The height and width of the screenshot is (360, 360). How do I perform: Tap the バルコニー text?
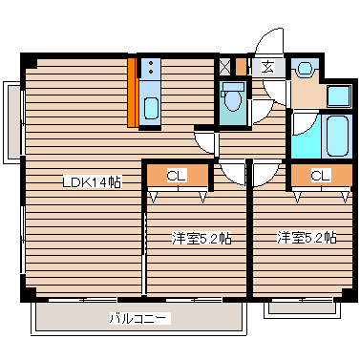click(138, 318)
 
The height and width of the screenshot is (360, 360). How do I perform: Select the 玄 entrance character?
click(267, 67)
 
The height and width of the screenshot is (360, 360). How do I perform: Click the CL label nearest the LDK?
click(176, 176)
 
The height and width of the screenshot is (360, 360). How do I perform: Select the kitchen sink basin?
click(151, 108)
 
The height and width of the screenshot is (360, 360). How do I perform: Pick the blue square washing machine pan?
click(338, 95)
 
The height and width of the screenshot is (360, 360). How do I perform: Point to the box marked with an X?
click(225, 67)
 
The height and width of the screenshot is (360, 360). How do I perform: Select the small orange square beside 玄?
click(243, 67)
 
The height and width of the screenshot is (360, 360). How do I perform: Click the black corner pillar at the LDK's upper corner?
click(31, 63)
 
